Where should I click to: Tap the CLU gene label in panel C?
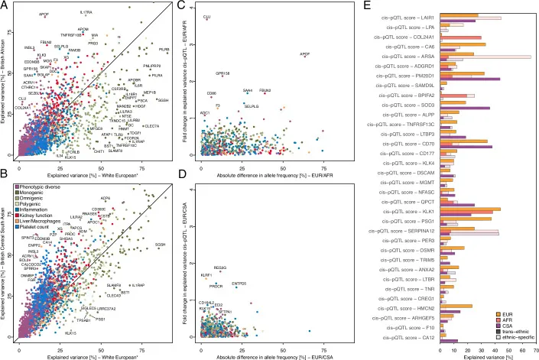(x=207, y=16)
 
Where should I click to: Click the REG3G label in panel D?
(x=220, y=268)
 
